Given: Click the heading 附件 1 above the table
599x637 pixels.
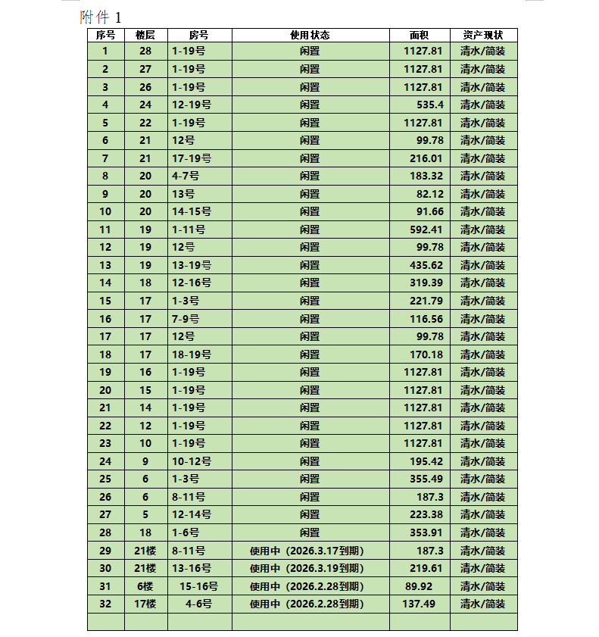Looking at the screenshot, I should click(x=100, y=17).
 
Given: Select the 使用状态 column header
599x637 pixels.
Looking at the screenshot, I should click(x=310, y=35).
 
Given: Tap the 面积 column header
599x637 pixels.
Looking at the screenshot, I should click(x=419, y=35).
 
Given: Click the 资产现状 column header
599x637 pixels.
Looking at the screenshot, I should click(x=482, y=35).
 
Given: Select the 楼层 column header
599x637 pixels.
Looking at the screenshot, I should click(x=145, y=35).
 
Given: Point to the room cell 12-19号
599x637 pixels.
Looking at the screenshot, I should click(x=191, y=105).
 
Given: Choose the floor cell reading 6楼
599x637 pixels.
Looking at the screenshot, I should click(x=145, y=586).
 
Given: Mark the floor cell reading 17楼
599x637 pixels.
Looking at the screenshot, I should click(x=145, y=604).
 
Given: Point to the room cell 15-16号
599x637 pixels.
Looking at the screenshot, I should click(x=198, y=586).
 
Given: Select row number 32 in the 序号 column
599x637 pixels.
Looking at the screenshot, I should click(x=105, y=604).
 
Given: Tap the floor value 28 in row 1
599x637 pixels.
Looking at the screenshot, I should click(x=145, y=51).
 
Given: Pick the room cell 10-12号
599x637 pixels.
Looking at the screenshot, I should click(x=191, y=461).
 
